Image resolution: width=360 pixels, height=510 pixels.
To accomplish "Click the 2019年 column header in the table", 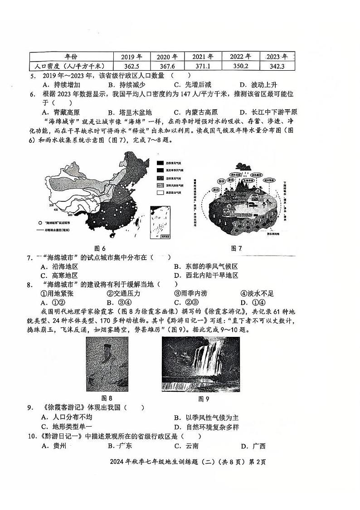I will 131,57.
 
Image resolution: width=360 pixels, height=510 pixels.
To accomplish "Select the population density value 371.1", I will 202,66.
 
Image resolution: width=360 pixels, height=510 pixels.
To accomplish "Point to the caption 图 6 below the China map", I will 100,248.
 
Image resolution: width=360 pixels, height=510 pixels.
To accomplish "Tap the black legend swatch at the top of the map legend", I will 161,162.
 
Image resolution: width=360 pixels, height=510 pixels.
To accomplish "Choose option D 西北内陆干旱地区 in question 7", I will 206,275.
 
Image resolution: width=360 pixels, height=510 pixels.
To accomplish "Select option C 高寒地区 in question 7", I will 59,275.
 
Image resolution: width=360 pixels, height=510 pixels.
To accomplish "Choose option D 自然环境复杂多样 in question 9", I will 206,427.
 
